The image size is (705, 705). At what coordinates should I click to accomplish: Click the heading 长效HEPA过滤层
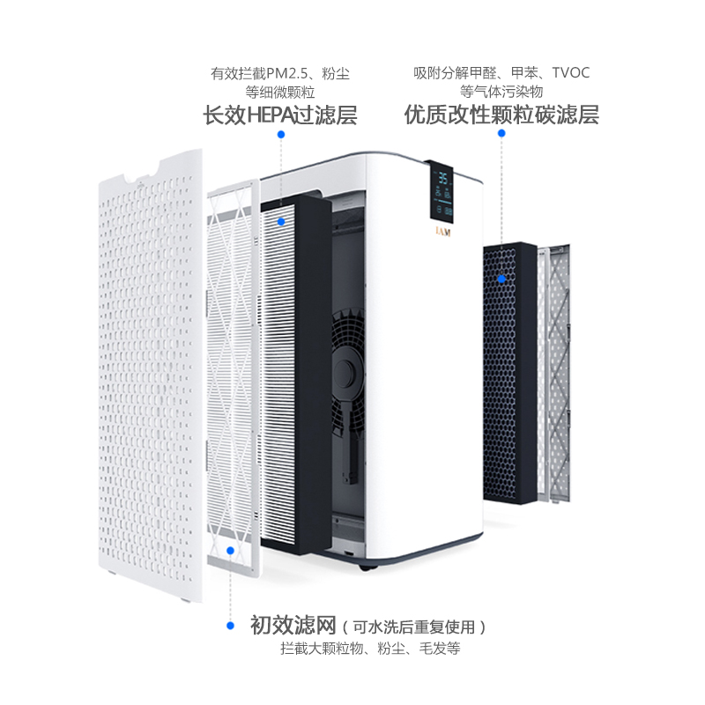pos(280,115)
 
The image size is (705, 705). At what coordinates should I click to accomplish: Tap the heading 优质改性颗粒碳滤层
pos(501,115)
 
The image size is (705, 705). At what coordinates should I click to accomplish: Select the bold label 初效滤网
pos(293,627)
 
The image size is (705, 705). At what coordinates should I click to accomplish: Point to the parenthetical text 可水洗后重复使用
pos(419,627)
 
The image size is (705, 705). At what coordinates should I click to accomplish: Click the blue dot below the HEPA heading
pos(281,134)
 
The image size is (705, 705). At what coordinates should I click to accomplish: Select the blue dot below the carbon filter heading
pos(501,134)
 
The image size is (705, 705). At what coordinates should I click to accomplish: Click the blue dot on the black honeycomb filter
pos(501,278)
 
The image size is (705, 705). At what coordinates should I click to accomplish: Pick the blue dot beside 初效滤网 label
pos(230,626)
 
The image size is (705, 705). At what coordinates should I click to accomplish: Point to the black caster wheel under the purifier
pos(366,569)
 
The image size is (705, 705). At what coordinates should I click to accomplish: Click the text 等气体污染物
pos(501,92)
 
